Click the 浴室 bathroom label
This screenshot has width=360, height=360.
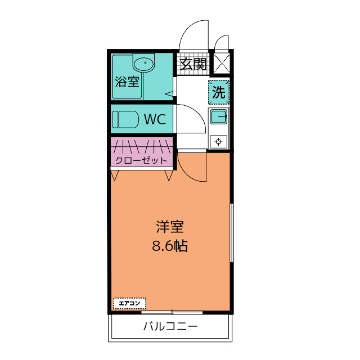pos(127,82)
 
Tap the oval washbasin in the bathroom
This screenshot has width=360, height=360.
pos(144,64)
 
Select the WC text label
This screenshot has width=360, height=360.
pos(155,119)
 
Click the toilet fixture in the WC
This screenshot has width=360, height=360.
pos(125,119)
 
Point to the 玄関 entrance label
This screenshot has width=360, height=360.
pos(193,64)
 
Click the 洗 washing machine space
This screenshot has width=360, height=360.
pos(219,92)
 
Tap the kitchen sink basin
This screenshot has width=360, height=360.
pos(219,116)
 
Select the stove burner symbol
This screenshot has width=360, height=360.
pos(218,142)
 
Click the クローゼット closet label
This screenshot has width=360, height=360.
pos(141,160)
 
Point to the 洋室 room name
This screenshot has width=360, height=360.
pos(170,226)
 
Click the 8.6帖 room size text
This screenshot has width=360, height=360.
pos(170,246)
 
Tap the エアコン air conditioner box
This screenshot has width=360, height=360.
pos(129,303)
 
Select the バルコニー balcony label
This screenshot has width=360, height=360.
pos(170,326)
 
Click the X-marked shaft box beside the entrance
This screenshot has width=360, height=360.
pos(222,63)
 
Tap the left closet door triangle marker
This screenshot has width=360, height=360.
pos(115,175)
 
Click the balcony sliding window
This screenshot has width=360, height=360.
pos(172,312)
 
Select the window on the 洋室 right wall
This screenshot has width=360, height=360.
pos(232,232)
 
